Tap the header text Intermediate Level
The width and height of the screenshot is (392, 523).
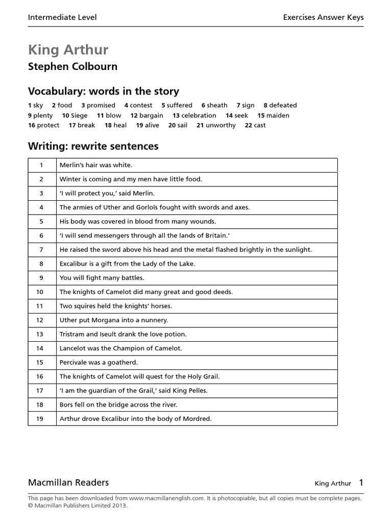click(62, 17)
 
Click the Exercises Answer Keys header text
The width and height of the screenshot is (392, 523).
click(323, 17)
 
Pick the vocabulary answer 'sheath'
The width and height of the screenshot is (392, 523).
click(217, 105)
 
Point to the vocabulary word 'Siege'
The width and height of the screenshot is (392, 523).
click(79, 115)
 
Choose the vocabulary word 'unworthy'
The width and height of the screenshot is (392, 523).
click(220, 125)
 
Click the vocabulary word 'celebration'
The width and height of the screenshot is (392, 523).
click(199, 115)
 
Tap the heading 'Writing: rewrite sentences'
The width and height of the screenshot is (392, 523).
click(93, 147)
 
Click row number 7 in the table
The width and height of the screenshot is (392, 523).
click(41, 250)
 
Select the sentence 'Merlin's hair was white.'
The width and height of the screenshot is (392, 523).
click(96, 165)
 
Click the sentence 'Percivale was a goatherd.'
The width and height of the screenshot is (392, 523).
click(99, 362)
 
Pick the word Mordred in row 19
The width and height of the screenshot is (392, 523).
click(197, 419)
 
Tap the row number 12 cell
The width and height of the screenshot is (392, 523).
click(41, 320)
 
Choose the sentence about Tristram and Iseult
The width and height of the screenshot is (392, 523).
click(123, 334)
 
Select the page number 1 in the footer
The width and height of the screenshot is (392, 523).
click(361, 482)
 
